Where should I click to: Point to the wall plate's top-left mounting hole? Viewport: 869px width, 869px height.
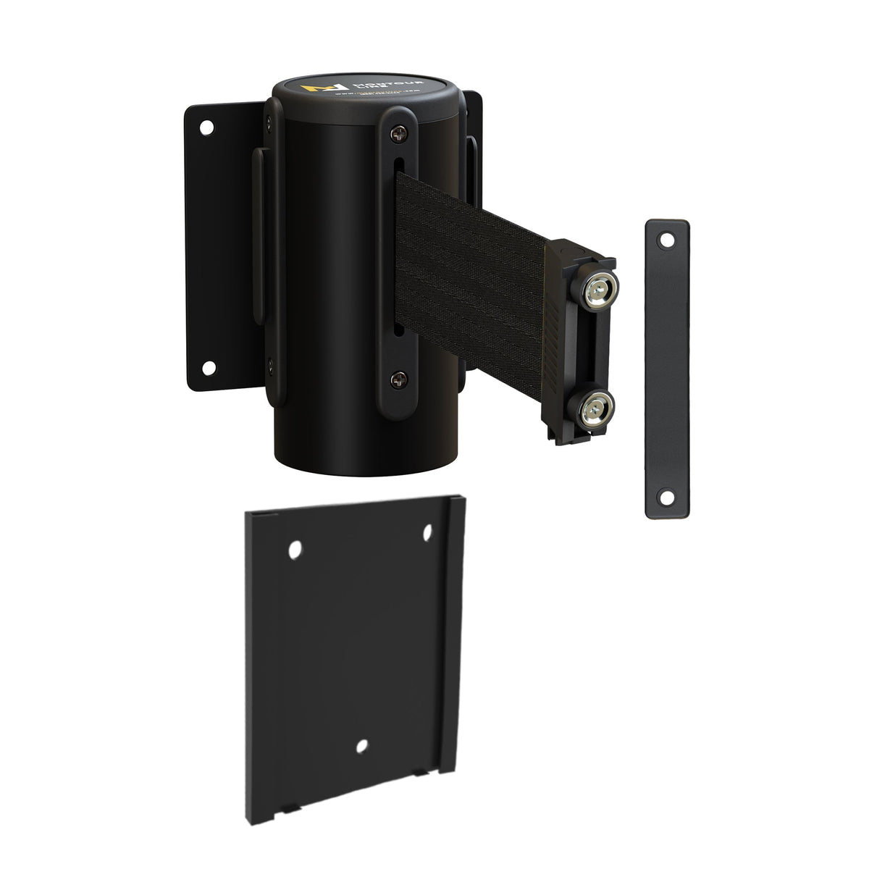[x=206, y=128]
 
